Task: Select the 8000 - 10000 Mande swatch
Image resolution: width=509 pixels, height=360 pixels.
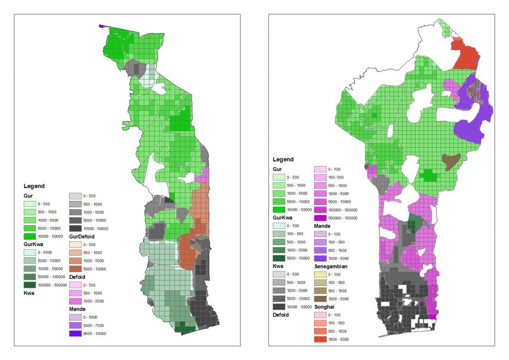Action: (75, 333)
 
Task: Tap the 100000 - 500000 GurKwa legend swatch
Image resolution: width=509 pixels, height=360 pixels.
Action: (30, 285)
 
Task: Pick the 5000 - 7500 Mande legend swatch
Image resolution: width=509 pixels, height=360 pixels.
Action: (75, 325)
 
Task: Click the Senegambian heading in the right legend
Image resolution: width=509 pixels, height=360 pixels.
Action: (330, 267)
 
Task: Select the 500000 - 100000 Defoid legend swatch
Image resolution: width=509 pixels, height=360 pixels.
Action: (321, 218)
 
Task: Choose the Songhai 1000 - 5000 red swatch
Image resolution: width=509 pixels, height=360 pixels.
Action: (321, 339)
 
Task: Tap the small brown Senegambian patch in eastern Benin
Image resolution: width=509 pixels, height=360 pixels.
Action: (451, 161)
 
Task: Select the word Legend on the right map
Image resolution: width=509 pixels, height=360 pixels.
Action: (283, 160)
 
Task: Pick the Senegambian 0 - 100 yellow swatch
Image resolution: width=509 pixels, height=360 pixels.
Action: (321, 274)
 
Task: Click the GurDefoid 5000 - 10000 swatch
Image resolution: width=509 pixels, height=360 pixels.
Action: (75, 269)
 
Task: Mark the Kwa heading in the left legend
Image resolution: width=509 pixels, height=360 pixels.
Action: (29, 293)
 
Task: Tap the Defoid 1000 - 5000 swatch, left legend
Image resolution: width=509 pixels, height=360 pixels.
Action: (75, 301)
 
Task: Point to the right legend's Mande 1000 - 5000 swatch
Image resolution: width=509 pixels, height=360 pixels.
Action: (321, 258)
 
